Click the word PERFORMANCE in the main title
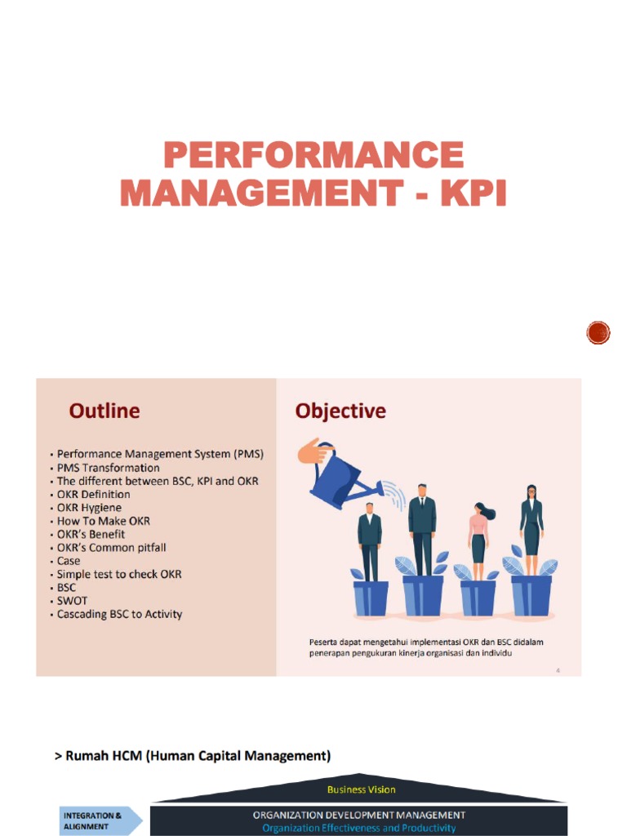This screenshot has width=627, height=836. point(313,155)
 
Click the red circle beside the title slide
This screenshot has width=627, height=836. point(598,331)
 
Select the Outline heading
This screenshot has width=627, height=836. point(104,411)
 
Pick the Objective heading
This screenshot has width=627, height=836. point(340,411)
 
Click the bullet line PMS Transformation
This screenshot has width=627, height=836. point(108,468)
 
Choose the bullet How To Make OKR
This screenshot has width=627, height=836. point(103,521)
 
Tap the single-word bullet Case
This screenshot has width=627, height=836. point(69,561)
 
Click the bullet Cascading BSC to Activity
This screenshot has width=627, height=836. point(119,614)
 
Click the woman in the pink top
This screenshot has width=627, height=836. point(478,535)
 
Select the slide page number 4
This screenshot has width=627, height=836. point(558,670)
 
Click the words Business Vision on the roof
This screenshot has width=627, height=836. point(361,789)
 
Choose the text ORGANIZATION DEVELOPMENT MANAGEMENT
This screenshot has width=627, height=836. point(359,815)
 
